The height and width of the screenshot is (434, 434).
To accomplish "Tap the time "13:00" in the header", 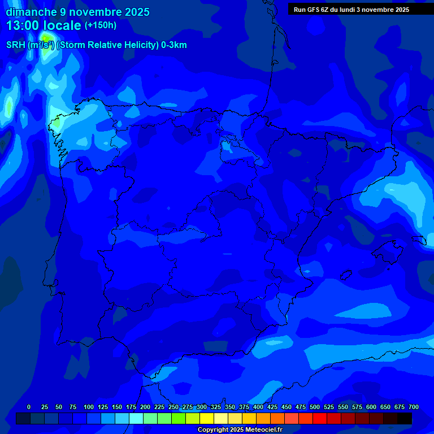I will (23, 25).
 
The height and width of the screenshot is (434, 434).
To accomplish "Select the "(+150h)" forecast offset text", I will (101, 25).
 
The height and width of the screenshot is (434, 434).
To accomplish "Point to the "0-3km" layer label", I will (173, 45).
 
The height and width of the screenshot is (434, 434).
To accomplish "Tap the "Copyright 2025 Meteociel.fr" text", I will (240, 429).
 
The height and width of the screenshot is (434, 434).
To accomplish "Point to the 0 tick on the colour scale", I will (29, 407).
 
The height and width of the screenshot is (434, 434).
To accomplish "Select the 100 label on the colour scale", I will (89, 407).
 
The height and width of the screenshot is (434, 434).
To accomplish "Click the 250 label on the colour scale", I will (173, 407).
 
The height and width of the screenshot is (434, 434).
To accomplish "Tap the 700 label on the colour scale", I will (414, 407).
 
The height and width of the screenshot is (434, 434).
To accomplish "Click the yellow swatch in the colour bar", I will (207, 419).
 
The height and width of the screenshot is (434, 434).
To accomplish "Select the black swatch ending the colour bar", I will (405, 419).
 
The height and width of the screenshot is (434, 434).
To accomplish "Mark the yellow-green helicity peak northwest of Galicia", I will (46, 39).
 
